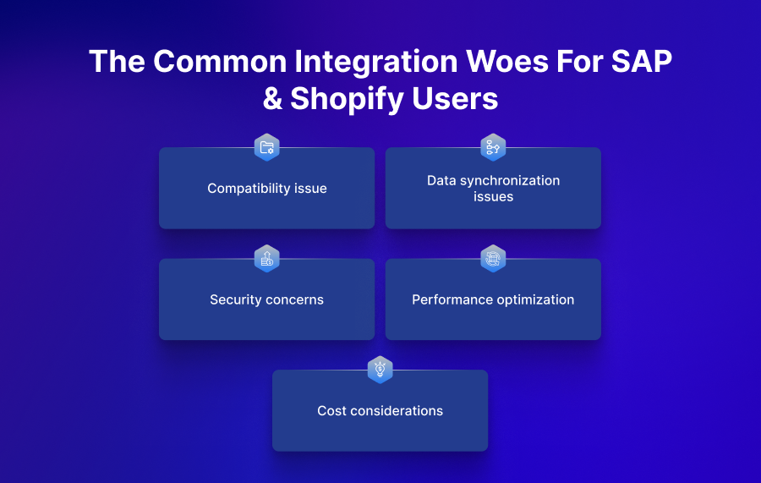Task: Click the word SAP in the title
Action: pyautogui.click(x=642, y=61)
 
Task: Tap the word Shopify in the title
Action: pyautogui.click(x=347, y=100)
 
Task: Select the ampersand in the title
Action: pyautogui.click(x=273, y=98)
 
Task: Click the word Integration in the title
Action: pyautogui.click(x=376, y=63)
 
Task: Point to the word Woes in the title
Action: pyautogui.click(x=506, y=61)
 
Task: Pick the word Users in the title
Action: pyautogui.click(x=455, y=98)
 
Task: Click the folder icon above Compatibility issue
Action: pyautogui.click(x=267, y=147)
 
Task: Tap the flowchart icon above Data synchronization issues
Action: pyautogui.click(x=493, y=147)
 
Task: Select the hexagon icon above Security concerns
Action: pyautogui.click(x=267, y=258)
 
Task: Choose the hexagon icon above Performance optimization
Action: pyautogui.click(x=493, y=258)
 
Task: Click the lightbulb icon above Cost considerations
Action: pyautogui.click(x=380, y=370)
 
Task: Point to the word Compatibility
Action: pyautogui.click(x=249, y=189)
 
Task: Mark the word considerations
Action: pyautogui.click(x=397, y=410)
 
